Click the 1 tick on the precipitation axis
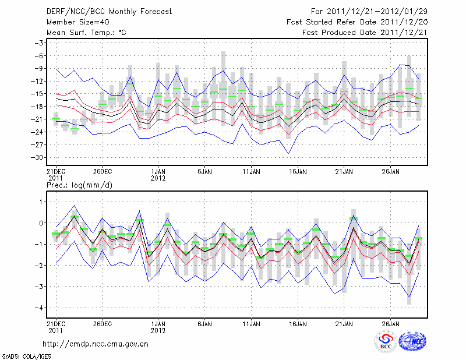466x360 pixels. (x=41, y=202)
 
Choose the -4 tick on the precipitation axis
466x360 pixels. (x=39, y=308)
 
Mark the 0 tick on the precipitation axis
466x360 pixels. (x=41, y=223)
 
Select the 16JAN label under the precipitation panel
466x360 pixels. (x=298, y=323)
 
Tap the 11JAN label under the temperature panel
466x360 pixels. (x=251, y=172)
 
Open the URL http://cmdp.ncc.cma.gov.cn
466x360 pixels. (x=96, y=344)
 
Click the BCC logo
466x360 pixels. (x=385, y=343)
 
